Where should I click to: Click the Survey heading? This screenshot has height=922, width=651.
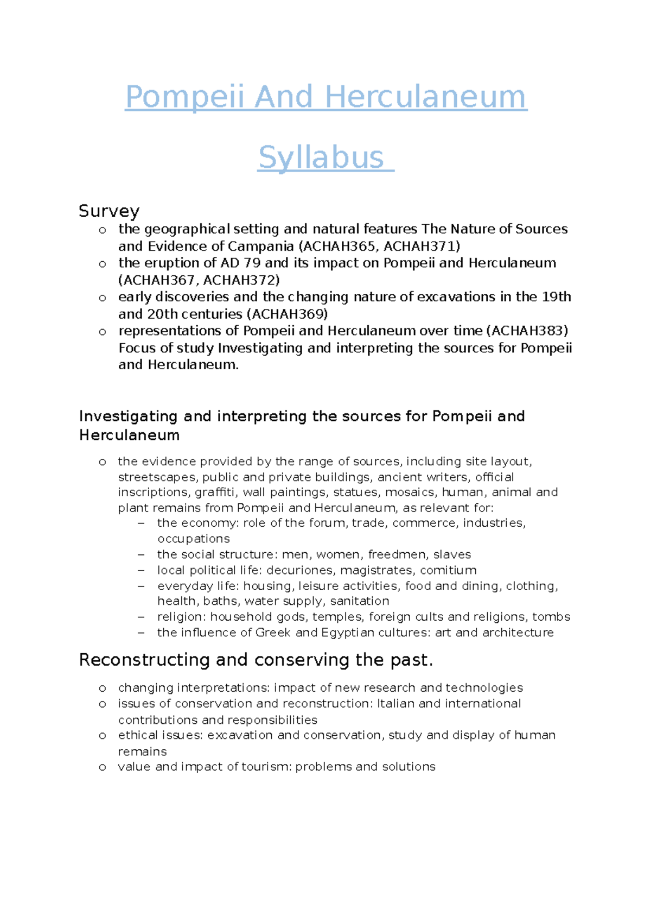click(109, 211)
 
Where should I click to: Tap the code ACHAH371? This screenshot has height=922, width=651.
click(420, 247)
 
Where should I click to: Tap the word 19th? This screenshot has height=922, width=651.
click(556, 297)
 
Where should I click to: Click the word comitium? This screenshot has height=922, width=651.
click(448, 570)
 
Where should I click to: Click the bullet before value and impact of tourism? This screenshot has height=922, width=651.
click(102, 767)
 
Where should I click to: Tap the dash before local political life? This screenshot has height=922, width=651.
click(142, 570)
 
